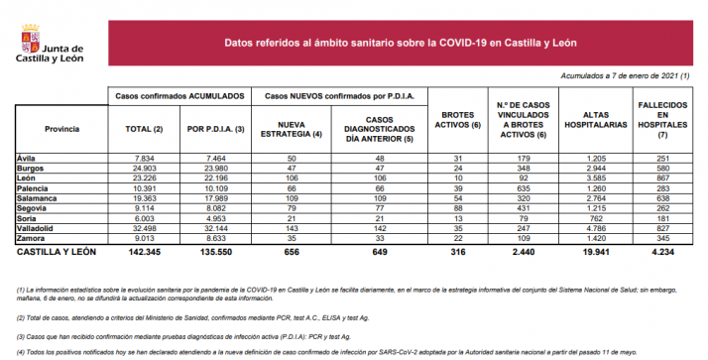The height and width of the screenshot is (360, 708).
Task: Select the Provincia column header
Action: coord(61,130)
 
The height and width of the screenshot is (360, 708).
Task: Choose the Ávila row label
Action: coord(28,158)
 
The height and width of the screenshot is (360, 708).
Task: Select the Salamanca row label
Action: coord(38,199)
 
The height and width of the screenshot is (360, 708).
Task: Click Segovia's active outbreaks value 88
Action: coord(459,209)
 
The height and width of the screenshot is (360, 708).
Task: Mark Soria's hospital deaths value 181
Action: coord(656,219)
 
